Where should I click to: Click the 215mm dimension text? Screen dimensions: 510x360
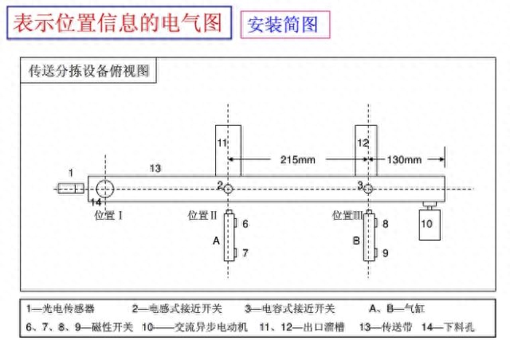pos(297,159)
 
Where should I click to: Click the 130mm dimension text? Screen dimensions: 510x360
pos(404,159)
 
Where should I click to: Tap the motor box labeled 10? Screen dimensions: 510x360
pos(430,225)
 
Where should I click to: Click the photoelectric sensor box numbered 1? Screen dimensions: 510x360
pos(71,188)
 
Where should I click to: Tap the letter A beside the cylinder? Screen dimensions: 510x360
pos(216,241)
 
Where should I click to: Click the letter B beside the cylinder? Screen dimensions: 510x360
pos(356,241)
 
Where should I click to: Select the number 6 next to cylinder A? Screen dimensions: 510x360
pos(245,224)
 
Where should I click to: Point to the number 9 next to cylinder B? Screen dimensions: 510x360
pos(386,253)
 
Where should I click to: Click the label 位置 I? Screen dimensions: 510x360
pos(108,215)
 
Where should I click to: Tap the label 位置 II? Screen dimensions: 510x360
pos(202,215)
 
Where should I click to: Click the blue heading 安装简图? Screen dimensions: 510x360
pos(282,25)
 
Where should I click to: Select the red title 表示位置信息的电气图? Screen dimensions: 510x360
pos(118,22)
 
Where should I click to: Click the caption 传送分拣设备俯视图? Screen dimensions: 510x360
pos(88,71)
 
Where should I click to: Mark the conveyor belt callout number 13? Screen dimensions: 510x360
pos(155,169)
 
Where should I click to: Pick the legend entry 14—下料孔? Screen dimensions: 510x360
pos(448,327)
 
